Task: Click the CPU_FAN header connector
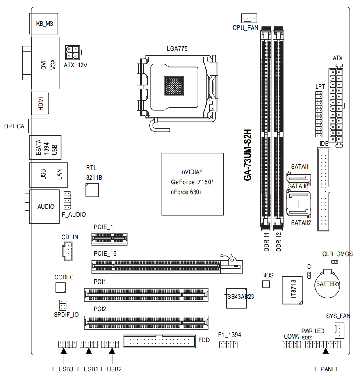pyautogui.click(x=249, y=18)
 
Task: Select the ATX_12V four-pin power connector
pyautogui.click(x=73, y=53)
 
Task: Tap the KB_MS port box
pyautogui.click(x=43, y=24)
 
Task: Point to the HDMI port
pyautogui.click(x=39, y=103)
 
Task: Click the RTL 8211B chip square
pyautogui.click(x=92, y=190)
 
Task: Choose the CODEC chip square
pyautogui.click(x=60, y=287)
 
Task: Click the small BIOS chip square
pyautogui.click(x=266, y=284)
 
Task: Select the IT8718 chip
pyautogui.click(x=292, y=290)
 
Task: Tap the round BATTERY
pyautogui.click(x=328, y=284)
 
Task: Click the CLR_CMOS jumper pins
pyautogui.click(x=335, y=262)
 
